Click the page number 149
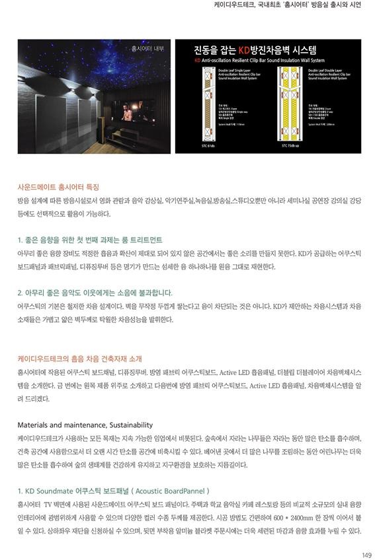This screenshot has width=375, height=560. click(x=366, y=554)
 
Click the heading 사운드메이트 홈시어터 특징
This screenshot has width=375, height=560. click(x=58, y=187)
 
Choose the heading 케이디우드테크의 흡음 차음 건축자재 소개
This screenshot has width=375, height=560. click(x=79, y=359)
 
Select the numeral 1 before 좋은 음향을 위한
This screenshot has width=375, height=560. click(x=20, y=239)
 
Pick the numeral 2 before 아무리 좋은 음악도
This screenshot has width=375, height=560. click(x=20, y=292)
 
